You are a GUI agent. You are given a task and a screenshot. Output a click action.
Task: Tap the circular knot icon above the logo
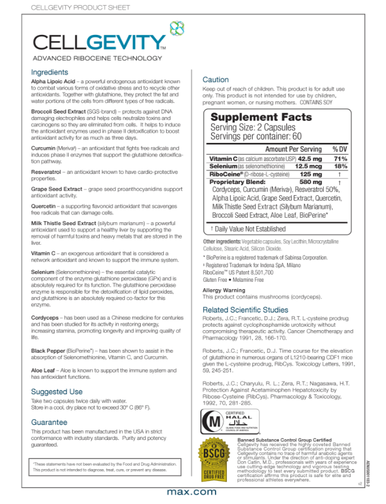coord(177,26)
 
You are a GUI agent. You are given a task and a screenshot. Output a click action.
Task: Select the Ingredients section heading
coord(50,73)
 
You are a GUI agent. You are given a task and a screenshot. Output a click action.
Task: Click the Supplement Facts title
coord(261,117)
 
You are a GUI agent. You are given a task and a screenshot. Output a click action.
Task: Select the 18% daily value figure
coord(340,166)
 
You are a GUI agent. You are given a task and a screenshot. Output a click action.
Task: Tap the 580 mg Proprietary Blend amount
coord(311,182)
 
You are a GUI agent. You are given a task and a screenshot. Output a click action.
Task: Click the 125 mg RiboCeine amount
coord(311,174)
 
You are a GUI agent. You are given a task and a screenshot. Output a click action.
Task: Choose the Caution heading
coord(216,80)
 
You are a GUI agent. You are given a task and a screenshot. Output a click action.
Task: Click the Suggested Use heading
coord(57,391)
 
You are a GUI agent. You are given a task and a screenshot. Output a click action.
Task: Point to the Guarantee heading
coord(50,421)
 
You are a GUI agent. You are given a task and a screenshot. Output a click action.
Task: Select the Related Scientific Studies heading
coord(245,310)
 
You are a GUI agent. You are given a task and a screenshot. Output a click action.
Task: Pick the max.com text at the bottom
coord(192,492)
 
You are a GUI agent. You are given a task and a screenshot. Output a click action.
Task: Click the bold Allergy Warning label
coord(223,290)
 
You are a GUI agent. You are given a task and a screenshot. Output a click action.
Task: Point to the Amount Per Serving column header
coord(293,149)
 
